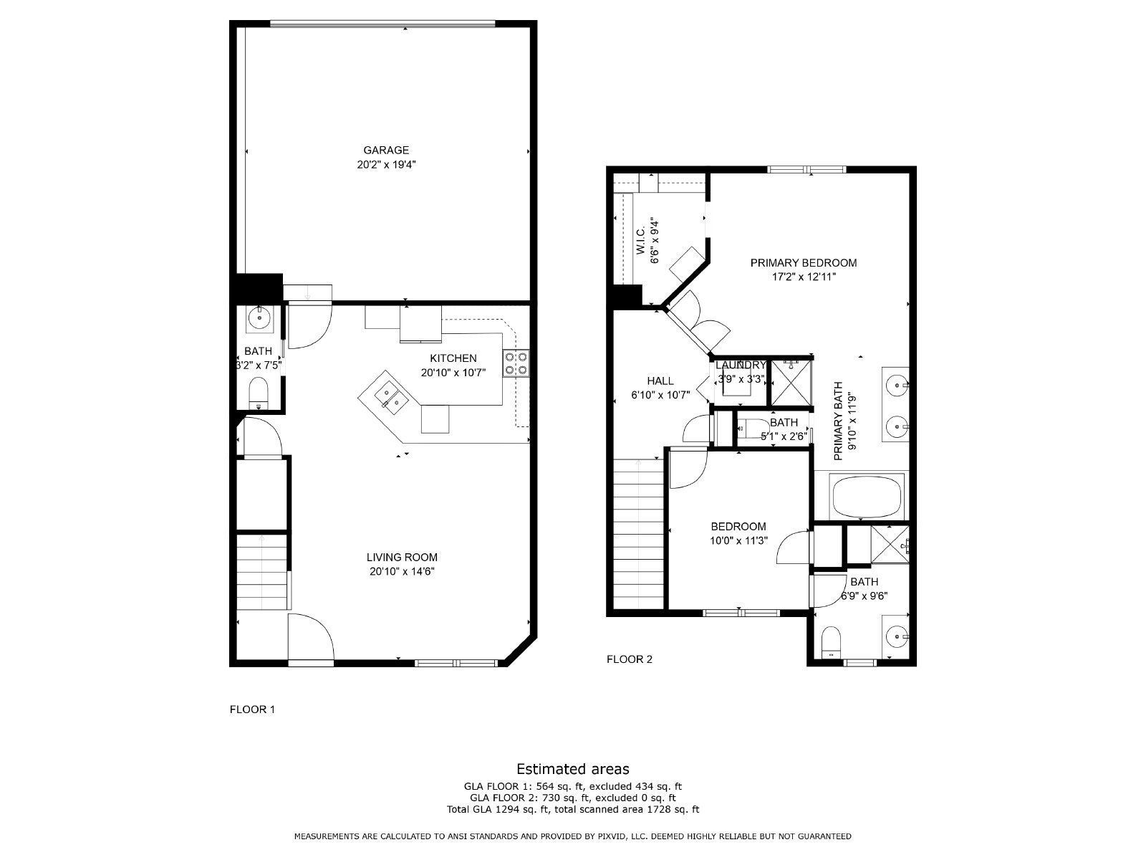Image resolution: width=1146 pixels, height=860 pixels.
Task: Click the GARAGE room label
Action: pos(386,150)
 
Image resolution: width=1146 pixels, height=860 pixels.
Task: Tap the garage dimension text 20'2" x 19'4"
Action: pos(386,165)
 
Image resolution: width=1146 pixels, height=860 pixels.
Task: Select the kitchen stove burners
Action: pos(516,363)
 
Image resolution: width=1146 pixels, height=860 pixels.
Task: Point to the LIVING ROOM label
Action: pos(401,557)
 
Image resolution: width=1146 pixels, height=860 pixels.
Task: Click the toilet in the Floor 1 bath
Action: pos(258,393)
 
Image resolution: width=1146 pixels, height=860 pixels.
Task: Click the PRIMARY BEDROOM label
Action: pos(803,263)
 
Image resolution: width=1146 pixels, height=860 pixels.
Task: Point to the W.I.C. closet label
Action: pos(640,239)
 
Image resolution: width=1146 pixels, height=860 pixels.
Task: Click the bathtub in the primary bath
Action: pos(867,496)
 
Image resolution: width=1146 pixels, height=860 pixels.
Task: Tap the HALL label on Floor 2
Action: pos(660,381)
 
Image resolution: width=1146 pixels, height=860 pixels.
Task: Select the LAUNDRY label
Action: pos(741,365)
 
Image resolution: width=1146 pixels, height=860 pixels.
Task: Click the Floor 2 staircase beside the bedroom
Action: pos(639,534)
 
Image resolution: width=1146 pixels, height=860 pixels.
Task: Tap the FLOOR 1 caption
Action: pos(251,709)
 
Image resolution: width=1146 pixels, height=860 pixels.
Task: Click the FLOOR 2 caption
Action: pos(629,659)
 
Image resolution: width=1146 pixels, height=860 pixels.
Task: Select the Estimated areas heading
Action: pos(572,769)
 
